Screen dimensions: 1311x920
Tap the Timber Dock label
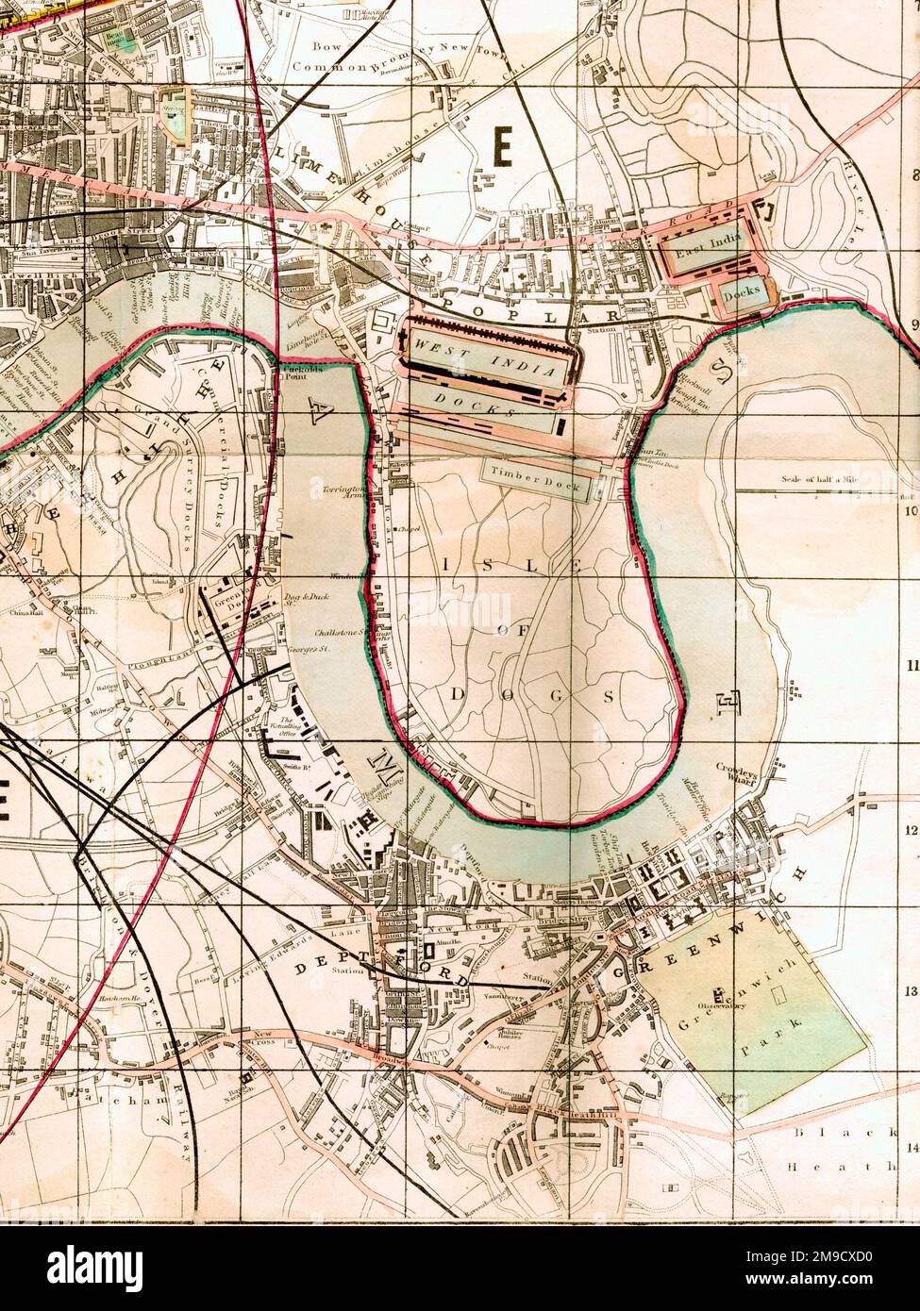(x=536, y=480)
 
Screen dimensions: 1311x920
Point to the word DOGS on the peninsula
(x=532, y=695)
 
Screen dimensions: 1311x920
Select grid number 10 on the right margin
(x=912, y=512)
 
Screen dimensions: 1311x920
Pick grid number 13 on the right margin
(x=912, y=991)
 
